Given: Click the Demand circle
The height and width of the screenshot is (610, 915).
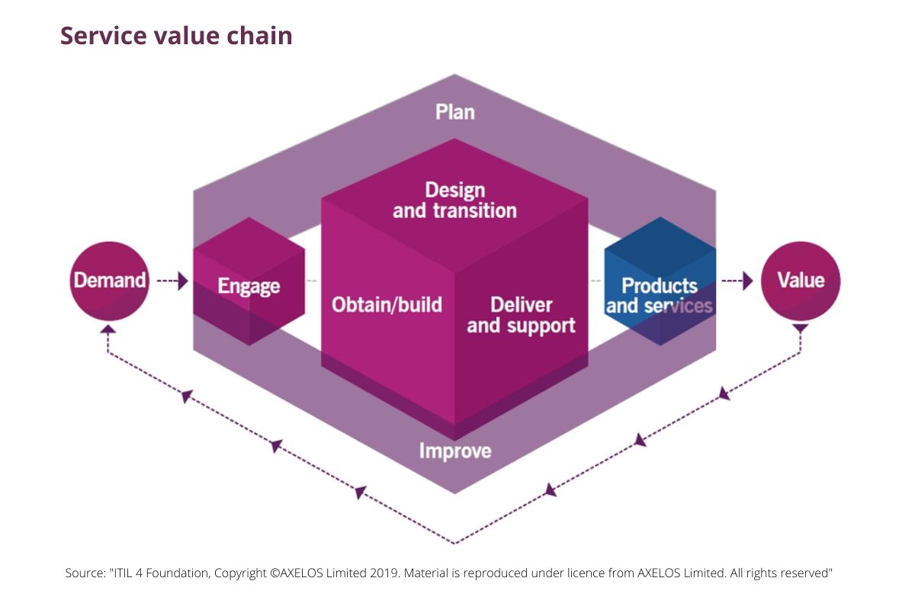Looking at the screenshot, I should tap(108, 281).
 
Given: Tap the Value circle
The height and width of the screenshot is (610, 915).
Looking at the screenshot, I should tap(801, 281).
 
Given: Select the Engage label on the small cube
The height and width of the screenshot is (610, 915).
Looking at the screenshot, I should tap(249, 287).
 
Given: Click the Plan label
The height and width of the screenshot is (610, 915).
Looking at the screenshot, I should tap(455, 112).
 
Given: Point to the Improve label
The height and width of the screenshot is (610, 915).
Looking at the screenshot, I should tap(455, 451).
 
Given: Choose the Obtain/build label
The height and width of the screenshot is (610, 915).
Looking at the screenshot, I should tap(387, 305).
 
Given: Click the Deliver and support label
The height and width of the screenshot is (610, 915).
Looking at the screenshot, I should tap(521, 315).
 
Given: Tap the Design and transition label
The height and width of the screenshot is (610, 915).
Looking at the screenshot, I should tap(455, 200).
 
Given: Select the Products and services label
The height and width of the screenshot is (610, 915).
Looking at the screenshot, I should tap(660, 296).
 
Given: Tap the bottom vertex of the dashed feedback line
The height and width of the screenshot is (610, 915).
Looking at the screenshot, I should tap(455, 544).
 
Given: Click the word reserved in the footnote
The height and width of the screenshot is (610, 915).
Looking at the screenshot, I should tap(807, 573).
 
